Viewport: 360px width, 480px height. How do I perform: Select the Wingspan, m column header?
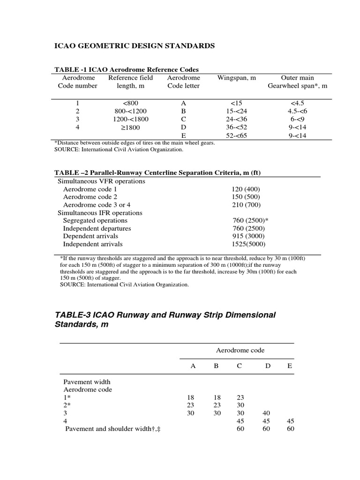[237, 78]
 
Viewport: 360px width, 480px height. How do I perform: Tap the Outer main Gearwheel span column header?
[297, 82]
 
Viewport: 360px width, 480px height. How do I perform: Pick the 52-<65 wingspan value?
[237, 135]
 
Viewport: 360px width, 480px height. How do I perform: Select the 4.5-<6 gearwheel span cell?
[297, 111]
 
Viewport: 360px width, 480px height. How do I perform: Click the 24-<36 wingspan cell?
[237, 119]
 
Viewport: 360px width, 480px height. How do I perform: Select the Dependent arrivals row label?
[90, 236]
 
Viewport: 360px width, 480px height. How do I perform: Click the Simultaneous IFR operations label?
[99, 213]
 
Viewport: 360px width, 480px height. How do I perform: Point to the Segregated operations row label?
[95, 220]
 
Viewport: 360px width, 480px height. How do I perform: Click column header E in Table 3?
[289, 366]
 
